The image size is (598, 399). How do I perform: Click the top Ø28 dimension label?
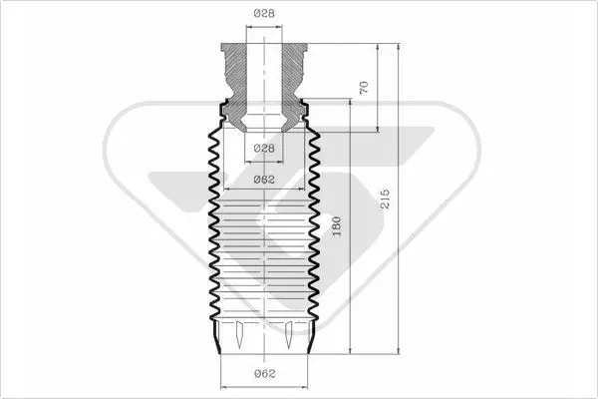[x=264, y=13]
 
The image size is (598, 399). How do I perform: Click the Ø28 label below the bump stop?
[x=264, y=148]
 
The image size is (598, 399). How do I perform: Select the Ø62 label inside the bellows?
[x=264, y=180]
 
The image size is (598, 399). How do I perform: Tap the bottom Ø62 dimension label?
[x=264, y=373]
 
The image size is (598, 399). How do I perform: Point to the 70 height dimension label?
[x=364, y=88]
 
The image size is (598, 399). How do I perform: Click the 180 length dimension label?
[x=337, y=226]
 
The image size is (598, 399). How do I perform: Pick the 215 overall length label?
[x=385, y=199]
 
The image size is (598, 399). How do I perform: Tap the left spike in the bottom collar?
[x=239, y=334]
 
